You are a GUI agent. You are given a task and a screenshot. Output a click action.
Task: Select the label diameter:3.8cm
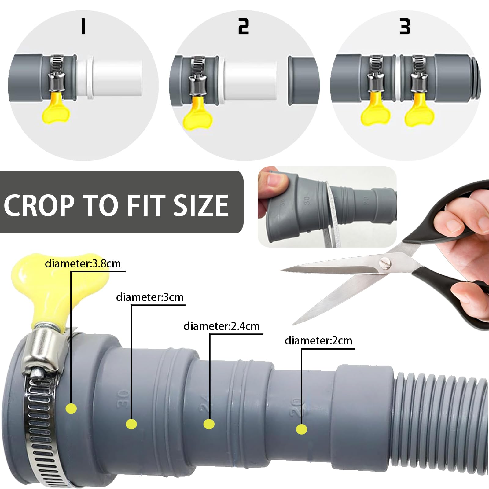(83, 263)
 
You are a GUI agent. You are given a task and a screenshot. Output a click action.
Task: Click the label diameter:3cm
(150, 297)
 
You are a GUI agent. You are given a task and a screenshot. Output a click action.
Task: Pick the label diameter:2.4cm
(222, 326)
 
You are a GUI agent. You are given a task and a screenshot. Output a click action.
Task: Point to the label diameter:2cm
(318, 340)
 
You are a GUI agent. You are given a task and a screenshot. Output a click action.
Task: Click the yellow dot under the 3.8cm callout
(71, 409)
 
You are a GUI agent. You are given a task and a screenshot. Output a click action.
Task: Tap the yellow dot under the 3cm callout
(131, 424)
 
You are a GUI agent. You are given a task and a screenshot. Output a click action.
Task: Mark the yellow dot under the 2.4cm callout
(209, 424)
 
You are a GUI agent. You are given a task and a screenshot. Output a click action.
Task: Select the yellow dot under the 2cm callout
(302, 429)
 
